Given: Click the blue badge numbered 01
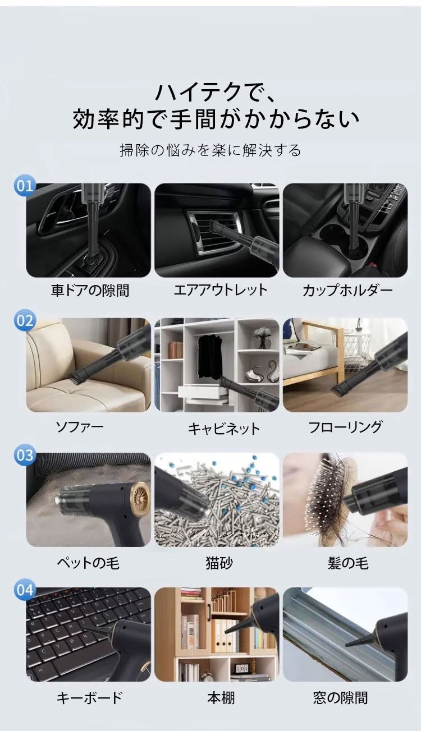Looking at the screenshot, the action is pos(25,186).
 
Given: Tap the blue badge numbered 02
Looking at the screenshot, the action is pos(25,321).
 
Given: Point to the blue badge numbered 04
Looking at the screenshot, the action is pos(25,590).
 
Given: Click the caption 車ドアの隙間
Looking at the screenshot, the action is pos(90,290).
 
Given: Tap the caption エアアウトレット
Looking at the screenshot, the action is pos(220,290).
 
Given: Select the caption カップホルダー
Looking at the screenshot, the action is pos(347,290).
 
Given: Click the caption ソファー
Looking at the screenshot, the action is pos(80,426).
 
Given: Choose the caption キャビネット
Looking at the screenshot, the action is pos(224,429).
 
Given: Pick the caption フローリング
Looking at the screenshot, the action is pos(345,427).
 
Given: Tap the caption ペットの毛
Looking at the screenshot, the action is pos(88,563).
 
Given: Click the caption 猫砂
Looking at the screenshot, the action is pos(219,563).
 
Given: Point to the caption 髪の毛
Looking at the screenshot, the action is pos(348,563).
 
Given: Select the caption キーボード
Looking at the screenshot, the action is pos(89,698).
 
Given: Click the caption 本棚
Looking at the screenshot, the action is pos(221,698).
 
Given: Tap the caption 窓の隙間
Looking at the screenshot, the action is pos(340,698).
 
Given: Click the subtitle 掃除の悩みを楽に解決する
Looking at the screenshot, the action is pos(210,150).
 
